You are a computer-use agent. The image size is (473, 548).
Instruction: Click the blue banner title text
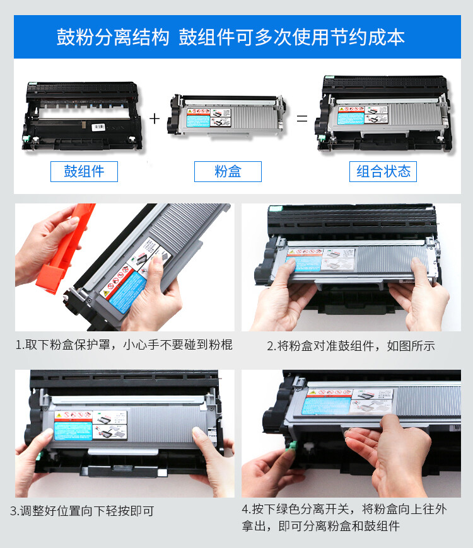coord(230,37)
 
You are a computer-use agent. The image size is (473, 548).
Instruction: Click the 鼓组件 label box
coord(84,171)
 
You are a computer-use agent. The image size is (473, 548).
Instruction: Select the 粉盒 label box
coord(228,171)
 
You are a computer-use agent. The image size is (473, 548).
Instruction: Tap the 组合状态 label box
coord(383,171)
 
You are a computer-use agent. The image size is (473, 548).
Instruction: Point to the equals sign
coord(303,118)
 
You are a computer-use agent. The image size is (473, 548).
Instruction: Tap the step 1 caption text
coord(124,345)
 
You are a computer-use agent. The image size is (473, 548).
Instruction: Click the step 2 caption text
coord(351,346)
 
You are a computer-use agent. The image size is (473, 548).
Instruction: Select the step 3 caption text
coord(82,511)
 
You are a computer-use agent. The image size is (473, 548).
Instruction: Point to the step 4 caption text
coord(344,517)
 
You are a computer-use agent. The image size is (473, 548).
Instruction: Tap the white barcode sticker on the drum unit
coord(100,127)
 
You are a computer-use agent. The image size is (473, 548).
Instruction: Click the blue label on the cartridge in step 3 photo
coord(73,430)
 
